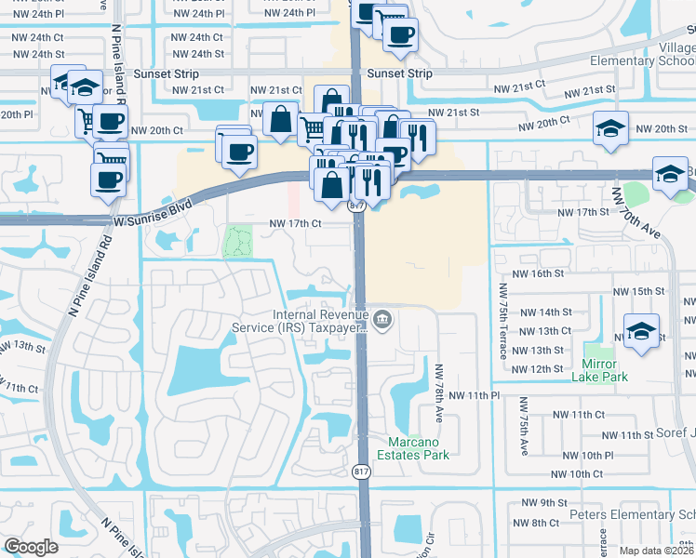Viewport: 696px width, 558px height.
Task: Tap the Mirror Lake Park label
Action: [605, 369]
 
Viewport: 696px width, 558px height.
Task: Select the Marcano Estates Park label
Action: [412, 447]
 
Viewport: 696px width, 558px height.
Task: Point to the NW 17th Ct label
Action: [295, 223]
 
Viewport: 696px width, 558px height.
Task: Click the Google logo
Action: [31, 547]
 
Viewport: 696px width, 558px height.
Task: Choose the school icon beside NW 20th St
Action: [610, 128]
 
